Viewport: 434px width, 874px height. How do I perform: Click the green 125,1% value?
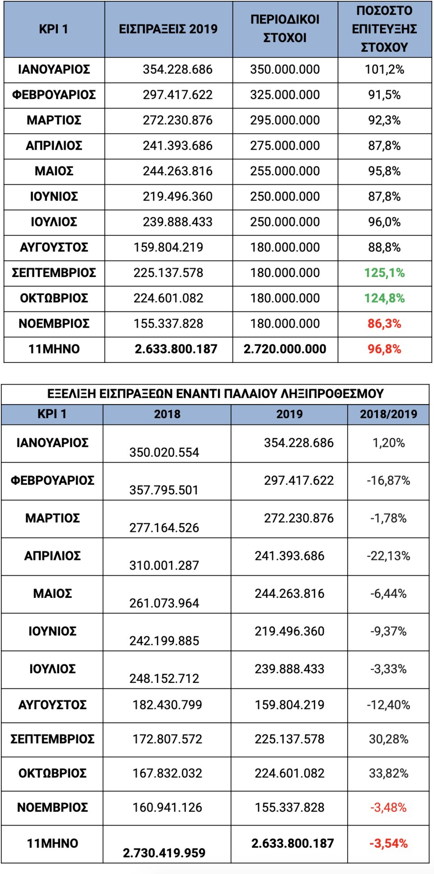[384, 273]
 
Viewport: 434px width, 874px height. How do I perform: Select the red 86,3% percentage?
[384, 324]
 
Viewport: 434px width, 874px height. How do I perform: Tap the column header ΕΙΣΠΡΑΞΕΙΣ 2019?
[168, 29]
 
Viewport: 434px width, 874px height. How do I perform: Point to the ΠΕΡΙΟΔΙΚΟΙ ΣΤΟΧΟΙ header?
[285, 28]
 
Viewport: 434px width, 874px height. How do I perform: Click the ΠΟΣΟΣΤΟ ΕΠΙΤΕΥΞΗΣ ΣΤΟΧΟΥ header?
[384, 29]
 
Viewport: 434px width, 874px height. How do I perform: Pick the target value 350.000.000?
[285, 70]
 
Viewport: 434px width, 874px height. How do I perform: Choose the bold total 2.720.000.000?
[285, 349]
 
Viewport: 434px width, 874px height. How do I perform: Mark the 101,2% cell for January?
[384, 70]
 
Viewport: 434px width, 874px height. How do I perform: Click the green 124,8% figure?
[384, 298]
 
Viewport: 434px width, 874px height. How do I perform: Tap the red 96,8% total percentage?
[384, 349]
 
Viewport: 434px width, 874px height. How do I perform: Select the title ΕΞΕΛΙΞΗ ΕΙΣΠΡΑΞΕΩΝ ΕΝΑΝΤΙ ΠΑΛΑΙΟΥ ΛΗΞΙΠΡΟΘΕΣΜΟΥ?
[215, 394]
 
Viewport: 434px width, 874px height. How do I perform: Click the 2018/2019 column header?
[388, 414]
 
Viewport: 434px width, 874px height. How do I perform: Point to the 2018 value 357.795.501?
[164, 490]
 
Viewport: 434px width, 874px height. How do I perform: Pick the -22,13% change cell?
[388, 556]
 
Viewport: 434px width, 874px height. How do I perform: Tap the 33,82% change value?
[388, 773]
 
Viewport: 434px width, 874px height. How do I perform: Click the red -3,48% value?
[388, 808]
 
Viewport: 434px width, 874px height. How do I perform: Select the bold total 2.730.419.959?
[164, 853]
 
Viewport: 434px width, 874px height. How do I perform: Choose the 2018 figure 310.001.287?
[164, 565]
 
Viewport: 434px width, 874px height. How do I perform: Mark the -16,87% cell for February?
[388, 480]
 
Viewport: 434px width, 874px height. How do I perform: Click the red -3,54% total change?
[388, 843]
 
